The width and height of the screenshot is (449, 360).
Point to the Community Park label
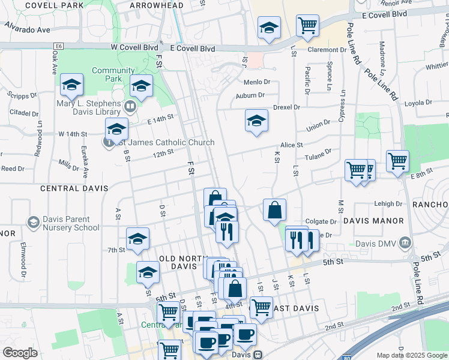pyautogui.click(x=113, y=74)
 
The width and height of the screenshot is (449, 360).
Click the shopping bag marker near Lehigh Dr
pyautogui.click(x=274, y=210)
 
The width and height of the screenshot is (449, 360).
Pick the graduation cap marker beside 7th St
pyautogui.click(x=137, y=239)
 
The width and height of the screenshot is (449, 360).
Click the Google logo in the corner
pyautogui.click(x=20, y=353)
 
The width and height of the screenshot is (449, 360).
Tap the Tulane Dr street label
pyautogui.click(x=320, y=154)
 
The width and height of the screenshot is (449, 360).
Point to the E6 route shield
pyautogui.click(x=58, y=46)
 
